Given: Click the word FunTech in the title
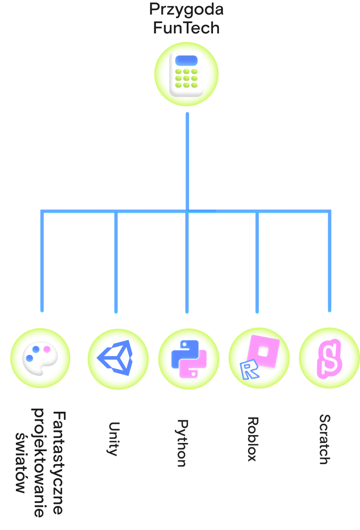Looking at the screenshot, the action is coord(186,28).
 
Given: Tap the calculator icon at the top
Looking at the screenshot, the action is coord(186,74).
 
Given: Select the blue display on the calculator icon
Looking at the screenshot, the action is coord(186,60).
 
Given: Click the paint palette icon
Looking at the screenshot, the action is coord(40,358).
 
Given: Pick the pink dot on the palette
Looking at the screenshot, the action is coord(47,350).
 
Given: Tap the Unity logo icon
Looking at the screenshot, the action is coord(115,358).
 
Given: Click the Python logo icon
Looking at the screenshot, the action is coord(189,359).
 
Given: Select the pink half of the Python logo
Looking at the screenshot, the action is coord(193,365).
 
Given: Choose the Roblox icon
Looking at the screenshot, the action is coord(260,357).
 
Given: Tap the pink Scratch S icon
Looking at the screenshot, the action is coord(329,359).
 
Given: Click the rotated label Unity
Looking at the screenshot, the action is coord(114,439).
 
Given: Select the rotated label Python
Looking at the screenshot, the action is coord(183,443).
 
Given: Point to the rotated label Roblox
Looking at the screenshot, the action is coord(253,439).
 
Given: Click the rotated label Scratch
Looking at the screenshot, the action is coord(325,439).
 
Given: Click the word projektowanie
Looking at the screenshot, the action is coord(39,462).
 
